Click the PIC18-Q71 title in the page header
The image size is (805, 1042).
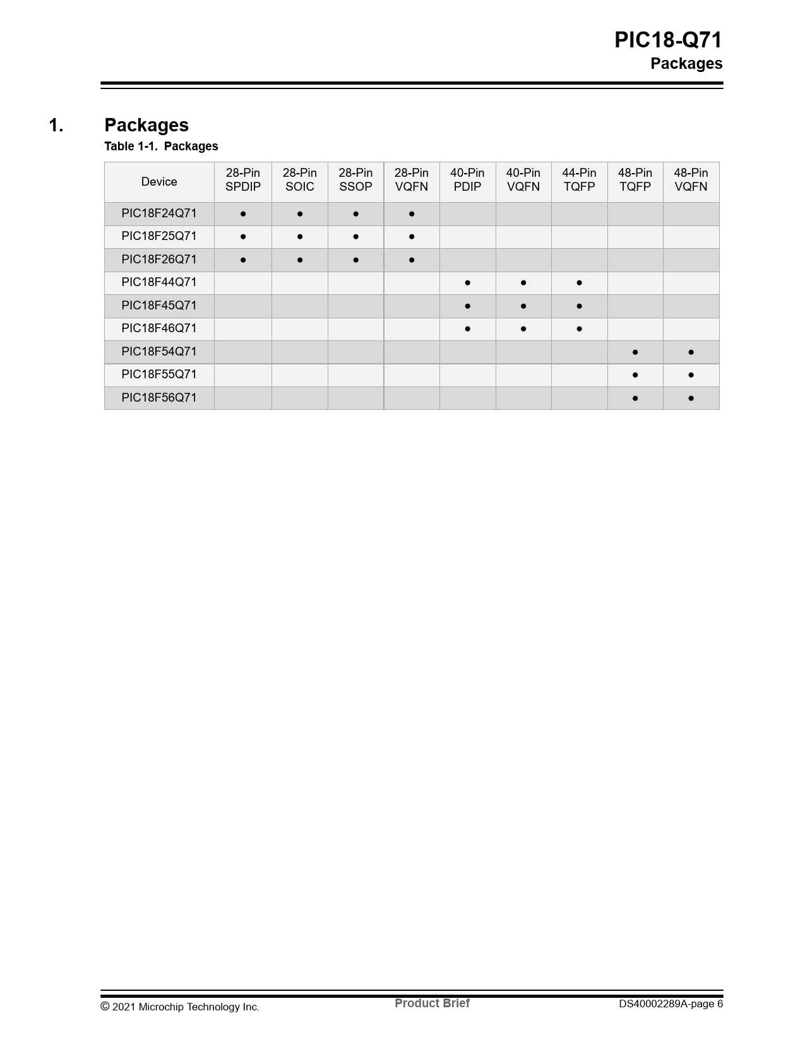pyautogui.click(x=668, y=40)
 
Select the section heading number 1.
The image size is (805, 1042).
pyautogui.click(x=56, y=125)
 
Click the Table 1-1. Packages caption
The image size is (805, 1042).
pyautogui.click(x=161, y=147)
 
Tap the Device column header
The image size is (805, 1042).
pyautogui.click(x=159, y=182)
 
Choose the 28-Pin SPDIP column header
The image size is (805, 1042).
pyautogui.click(x=243, y=180)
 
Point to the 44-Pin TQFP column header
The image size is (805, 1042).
pyautogui.click(x=579, y=180)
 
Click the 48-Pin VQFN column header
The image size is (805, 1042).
pyautogui.click(x=691, y=180)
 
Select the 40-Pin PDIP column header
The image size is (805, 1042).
pyautogui.click(x=467, y=180)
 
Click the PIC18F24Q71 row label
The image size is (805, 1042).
pyautogui.click(x=159, y=213)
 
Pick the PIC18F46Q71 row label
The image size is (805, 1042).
pyautogui.click(x=159, y=328)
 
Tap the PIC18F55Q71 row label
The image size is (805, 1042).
pyautogui.click(x=159, y=374)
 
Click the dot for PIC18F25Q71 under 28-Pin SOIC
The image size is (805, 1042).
pyautogui.click(x=300, y=237)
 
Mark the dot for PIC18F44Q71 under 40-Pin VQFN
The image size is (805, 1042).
pyautogui.click(x=523, y=283)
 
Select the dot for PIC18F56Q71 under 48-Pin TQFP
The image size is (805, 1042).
pyautogui.click(x=635, y=398)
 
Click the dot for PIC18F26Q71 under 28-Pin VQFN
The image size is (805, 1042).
pyautogui.click(x=412, y=260)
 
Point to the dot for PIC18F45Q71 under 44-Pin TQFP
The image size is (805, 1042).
pyautogui.click(x=579, y=306)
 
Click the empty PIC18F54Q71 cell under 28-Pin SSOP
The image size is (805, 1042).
pyautogui.click(x=355, y=352)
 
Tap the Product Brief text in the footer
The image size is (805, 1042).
pyautogui.click(x=432, y=1003)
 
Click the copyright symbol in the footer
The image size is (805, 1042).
pyautogui.click(x=105, y=1006)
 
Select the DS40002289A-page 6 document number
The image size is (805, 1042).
pyautogui.click(x=671, y=1004)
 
